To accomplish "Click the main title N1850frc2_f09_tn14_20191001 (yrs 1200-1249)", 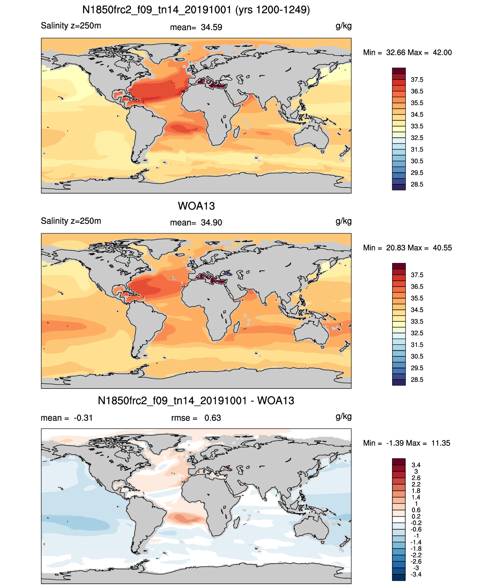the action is (196, 10).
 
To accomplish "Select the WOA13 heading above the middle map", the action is (196, 206).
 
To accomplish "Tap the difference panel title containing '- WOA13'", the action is (196, 400).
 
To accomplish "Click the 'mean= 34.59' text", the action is (196, 27).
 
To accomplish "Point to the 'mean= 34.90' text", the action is (196, 223).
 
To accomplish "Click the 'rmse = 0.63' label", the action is (196, 418).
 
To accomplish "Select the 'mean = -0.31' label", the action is (67, 418).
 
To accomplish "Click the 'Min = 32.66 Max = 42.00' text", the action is (408, 52).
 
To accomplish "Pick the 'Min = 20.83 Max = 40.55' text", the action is (408, 248).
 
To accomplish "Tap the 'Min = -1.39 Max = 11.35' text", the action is (407, 443).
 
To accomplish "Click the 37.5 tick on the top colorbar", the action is (417, 80).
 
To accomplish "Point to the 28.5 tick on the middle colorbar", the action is (417, 380).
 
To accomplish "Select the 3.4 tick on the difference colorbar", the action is (416, 465).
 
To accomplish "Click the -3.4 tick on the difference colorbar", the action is (416, 574).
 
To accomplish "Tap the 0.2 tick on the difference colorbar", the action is (416, 516).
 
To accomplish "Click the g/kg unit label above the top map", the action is (344, 26).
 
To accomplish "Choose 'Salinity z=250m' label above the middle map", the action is (71, 221).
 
